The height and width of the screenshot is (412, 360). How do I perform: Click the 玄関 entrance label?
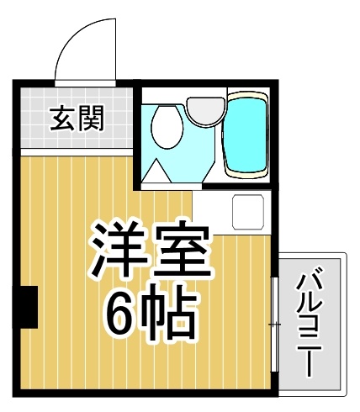click(x=77, y=119)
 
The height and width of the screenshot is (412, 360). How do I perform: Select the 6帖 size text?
click(x=151, y=313)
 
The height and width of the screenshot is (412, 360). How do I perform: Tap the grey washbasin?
click(x=203, y=108)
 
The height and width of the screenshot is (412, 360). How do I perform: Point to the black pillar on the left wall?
click(x=28, y=306)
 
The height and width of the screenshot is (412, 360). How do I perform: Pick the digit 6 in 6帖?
click(x=120, y=313)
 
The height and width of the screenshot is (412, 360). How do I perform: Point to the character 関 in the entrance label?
click(x=91, y=119)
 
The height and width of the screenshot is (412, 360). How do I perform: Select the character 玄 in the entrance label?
click(x=62, y=119)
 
